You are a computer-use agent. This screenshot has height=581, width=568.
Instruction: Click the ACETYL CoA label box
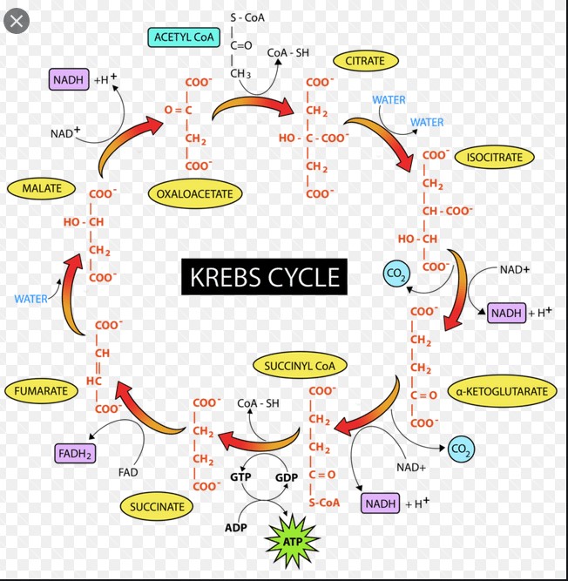coord(183,37)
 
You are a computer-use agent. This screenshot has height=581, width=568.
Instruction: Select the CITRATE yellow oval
coord(365,61)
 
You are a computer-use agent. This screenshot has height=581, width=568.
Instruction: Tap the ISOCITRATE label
coord(495,158)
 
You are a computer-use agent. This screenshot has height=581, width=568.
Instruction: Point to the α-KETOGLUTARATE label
coord(501,391)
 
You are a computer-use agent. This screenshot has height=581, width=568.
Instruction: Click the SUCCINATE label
coord(157,506)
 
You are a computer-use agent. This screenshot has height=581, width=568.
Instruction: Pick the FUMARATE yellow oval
coord(41,391)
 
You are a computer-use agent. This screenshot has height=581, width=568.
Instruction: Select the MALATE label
coord(41,187)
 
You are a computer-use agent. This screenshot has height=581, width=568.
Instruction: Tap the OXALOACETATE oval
coord(194,193)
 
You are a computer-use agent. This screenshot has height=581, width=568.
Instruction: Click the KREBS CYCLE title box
coord(264,278)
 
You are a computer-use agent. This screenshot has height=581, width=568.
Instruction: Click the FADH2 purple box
coord(76,453)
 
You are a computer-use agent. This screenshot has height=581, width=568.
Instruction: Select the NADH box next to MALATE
coord(69,80)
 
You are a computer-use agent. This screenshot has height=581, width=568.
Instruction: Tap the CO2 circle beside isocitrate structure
coord(396,274)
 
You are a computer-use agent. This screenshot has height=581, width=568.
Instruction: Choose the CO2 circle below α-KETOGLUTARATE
coord(461,449)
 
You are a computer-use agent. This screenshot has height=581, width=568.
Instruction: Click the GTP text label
coord(240,477)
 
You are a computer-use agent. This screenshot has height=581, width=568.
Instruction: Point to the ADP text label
coord(235,528)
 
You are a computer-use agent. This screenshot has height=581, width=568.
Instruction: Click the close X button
coord(17,21)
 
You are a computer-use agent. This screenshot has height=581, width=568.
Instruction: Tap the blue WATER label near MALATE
coord(31,299)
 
